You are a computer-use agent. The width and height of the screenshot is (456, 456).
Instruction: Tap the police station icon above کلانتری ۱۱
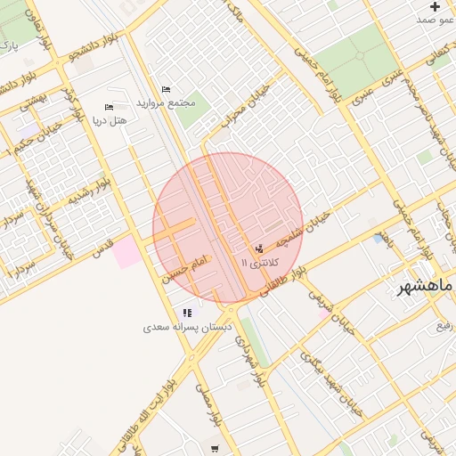[x=259, y=248]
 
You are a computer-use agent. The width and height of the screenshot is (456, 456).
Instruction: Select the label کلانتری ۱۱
[x=260, y=263]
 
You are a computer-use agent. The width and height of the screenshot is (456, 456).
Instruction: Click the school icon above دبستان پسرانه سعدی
[x=187, y=313]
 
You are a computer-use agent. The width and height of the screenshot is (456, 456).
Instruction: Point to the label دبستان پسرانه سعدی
[x=187, y=328]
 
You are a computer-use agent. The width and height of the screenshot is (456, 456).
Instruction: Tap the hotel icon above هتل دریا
[x=110, y=107]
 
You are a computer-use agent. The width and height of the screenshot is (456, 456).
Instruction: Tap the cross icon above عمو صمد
[x=435, y=6]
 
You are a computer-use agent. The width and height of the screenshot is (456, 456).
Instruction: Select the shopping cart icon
[x=215, y=448]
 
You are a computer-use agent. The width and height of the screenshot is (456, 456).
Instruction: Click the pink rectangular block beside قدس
[x=125, y=249]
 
